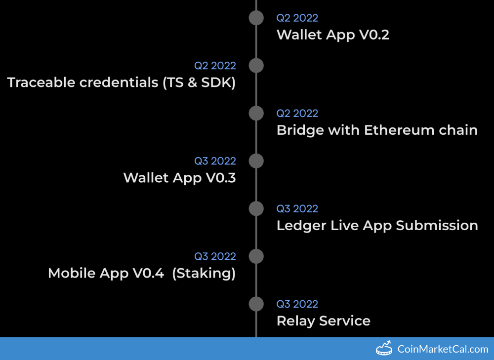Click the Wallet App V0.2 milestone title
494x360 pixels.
pos(332,35)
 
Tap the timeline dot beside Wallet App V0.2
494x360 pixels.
pos(256,18)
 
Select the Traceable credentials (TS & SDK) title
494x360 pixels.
pos(122,83)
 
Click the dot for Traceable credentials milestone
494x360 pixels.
pos(256,66)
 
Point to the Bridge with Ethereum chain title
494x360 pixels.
pos(377,130)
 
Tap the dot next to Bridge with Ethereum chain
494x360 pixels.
pos(256,114)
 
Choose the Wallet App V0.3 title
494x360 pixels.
pos(180,178)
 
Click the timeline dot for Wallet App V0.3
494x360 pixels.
pos(256,161)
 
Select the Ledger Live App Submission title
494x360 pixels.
pos(377,226)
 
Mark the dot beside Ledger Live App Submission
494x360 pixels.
pos(256,209)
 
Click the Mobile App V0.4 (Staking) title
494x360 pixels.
pos(142,274)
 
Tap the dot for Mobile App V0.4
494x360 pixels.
pos(256,256)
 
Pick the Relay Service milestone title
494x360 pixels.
pos(323,321)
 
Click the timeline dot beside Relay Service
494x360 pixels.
pos(256,304)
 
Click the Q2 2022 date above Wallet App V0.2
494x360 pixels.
pos(297,18)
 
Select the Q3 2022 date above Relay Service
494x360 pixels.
pos(297,304)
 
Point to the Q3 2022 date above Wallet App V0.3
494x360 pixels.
pos(215,161)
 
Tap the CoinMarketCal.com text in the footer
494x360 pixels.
pos(443,349)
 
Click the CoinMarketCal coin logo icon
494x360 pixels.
pos(384,348)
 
